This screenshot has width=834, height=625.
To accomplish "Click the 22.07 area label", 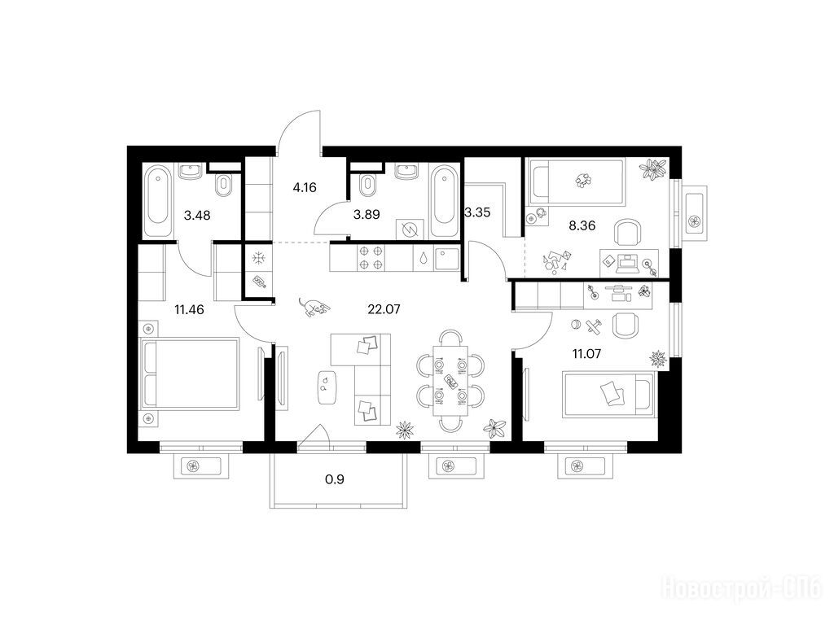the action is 384,308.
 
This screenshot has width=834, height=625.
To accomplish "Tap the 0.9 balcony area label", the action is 335,479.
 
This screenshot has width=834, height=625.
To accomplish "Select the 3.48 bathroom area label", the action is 197,215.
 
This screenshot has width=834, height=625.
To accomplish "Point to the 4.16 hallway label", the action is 305,187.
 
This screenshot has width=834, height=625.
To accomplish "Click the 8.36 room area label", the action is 582,225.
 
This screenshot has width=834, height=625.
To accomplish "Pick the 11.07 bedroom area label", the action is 586,353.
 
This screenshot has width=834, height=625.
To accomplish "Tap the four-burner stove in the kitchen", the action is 371,258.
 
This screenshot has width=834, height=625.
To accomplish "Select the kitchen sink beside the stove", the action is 446,258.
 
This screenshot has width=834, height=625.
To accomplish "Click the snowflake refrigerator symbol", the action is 258,259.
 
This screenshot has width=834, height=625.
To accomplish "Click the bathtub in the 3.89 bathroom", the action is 442,201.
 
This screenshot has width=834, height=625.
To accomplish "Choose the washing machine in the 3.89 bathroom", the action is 410,230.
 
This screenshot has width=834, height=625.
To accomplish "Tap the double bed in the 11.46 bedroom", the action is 191,374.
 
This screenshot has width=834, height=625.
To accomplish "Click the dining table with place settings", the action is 450,380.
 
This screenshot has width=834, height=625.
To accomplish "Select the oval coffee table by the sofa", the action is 325,387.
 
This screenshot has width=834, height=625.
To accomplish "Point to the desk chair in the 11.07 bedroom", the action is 625,326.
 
